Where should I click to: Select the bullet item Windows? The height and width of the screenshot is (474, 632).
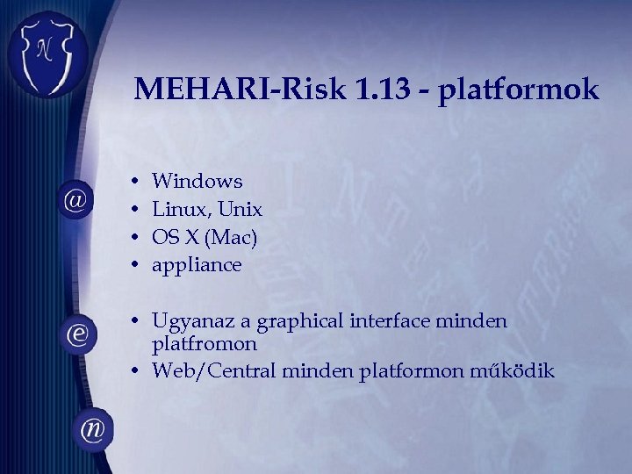[197, 182]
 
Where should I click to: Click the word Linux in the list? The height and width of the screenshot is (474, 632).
[178, 210]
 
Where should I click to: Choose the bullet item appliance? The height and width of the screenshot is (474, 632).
[197, 265]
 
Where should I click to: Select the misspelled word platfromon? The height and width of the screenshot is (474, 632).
[205, 344]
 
